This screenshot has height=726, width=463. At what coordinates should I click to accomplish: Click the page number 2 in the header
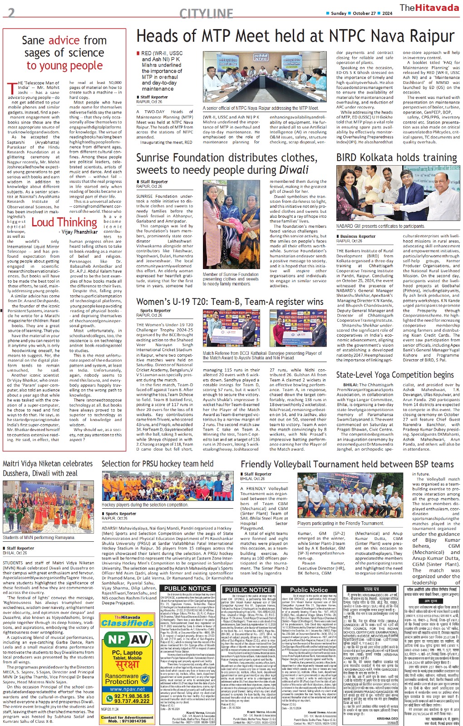[x=11, y=12]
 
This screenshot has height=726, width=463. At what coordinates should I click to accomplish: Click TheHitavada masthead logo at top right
[x=429, y=8]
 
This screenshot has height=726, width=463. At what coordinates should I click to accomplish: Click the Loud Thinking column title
[x=64, y=222]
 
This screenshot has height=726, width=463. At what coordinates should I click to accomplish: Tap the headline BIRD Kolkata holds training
[x=396, y=157]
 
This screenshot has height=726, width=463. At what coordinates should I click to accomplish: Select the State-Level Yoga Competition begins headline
[x=394, y=375]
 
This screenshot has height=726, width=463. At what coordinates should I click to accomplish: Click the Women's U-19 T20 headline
[x=230, y=302]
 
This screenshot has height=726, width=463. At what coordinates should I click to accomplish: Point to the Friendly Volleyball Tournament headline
[x=347, y=464]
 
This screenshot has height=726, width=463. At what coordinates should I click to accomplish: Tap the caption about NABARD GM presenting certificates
[x=380, y=226]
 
